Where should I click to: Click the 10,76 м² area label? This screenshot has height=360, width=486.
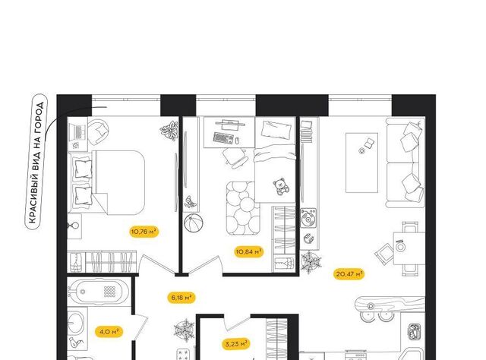pyautogui.click(x=144, y=232)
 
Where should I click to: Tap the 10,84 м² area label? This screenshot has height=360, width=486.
pyautogui.click(x=249, y=252)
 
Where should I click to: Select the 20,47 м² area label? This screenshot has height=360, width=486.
pyautogui.click(x=349, y=274)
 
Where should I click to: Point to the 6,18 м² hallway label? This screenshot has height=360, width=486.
pyautogui.click(x=181, y=298)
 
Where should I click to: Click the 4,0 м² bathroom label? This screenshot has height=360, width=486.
pyautogui.click(x=109, y=332)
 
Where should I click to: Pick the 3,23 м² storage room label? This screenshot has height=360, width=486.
pyautogui.click(x=236, y=344)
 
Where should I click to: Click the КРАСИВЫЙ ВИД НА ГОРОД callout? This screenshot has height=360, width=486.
pyautogui.click(x=36, y=162)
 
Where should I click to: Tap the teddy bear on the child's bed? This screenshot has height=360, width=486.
pyautogui.click(x=281, y=186)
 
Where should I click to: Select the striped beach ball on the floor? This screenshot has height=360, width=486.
pyautogui.click(x=194, y=223)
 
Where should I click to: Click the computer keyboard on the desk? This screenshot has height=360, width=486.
pyautogui.click(x=223, y=138)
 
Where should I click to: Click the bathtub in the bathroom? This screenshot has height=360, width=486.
pyautogui.click(x=103, y=292)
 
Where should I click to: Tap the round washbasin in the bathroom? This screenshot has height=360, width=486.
pyautogui.click(x=75, y=323)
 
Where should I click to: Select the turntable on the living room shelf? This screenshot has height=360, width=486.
pyautogui.click(x=308, y=218)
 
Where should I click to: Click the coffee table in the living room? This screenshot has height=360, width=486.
pyautogui.click(x=361, y=163)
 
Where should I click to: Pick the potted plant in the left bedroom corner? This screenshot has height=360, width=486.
pyautogui.click(x=169, y=130)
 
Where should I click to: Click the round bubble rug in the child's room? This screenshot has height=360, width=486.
pyautogui.click(x=243, y=208)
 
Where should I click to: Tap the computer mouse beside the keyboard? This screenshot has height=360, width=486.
pyautogui.click(x=237, y=141)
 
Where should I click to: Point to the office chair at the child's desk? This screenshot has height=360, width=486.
pyautogui.click(x=235, y=157)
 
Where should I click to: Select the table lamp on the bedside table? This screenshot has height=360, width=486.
pyautogui.click(x=74, y=225)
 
